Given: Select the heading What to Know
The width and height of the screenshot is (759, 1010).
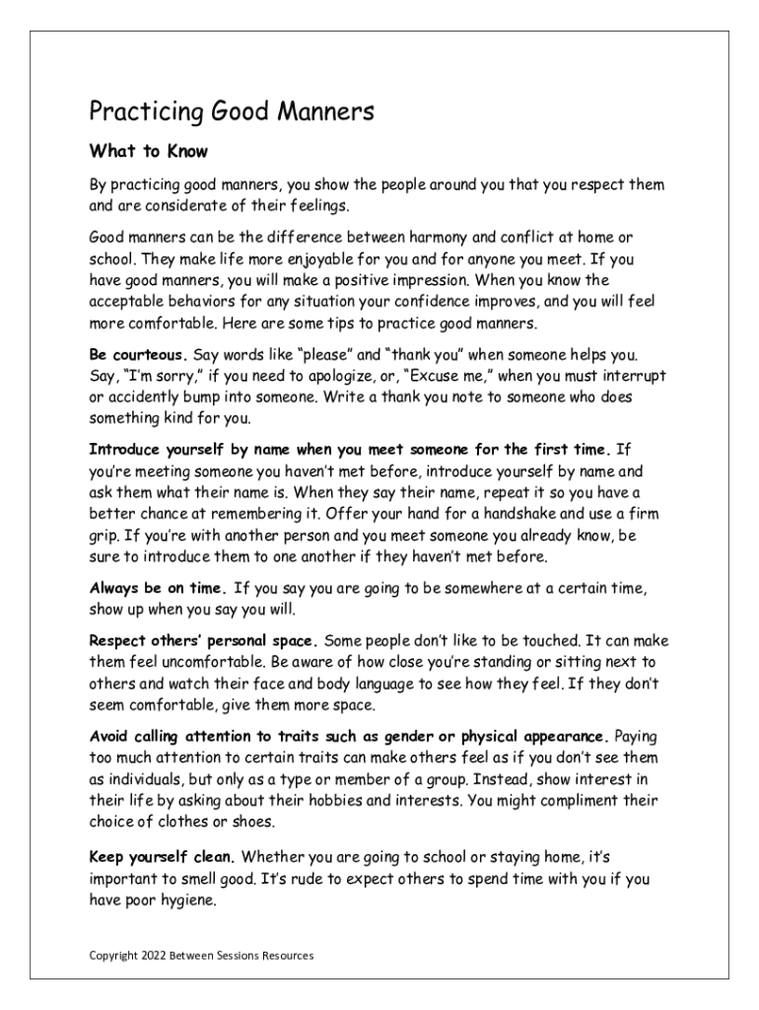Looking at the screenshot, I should tap(149, 152).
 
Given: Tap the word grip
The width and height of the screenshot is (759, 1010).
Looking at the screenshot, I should tap(106, 536).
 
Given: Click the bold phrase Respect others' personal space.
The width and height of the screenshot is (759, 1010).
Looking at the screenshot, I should tap(202, 640).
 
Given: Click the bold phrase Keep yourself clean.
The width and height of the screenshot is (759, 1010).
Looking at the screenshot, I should tap(162, 856).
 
